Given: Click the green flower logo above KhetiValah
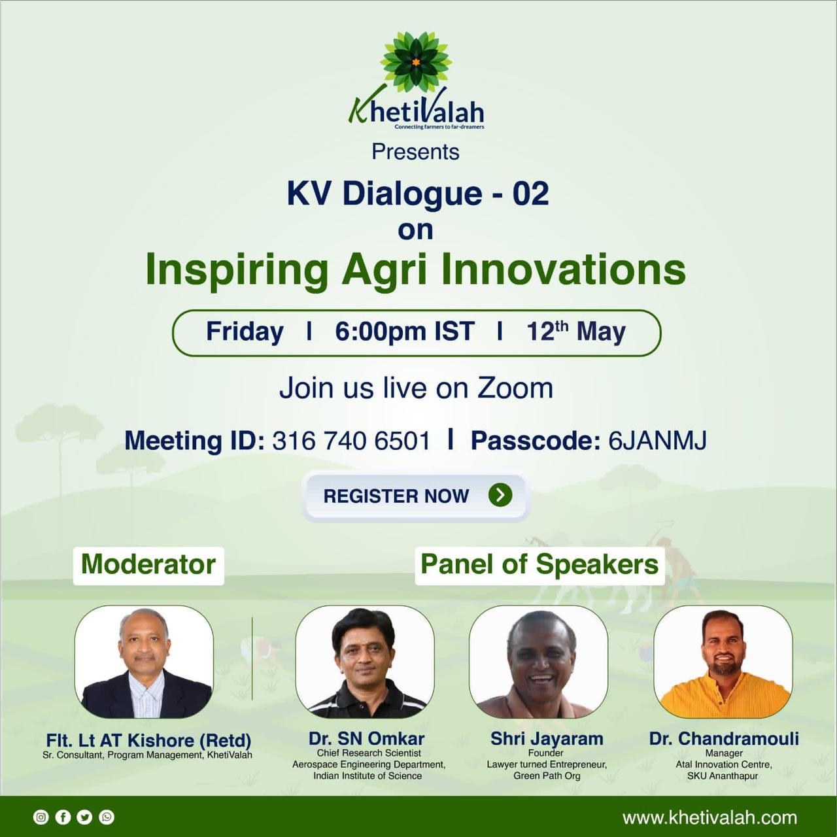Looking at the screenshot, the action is click(x=415, y=63).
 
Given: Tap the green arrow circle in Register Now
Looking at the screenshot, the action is click(x=500, y=495).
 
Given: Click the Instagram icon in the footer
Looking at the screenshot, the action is click(x=41, y=817).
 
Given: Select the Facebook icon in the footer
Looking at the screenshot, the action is click(x=63, y=817).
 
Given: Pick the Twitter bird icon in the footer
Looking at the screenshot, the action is click(x=85, y=817).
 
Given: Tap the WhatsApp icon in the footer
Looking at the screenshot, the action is click(x=107, y=817).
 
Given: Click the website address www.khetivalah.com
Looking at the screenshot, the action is click(x=709, y=818).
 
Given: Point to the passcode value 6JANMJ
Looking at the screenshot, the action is click(x=657, y=441).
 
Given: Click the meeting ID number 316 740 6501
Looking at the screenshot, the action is click(x=351, y=441).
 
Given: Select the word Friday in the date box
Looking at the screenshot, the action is click(x=245, y=332).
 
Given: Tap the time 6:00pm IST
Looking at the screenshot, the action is click(x=404, y=332).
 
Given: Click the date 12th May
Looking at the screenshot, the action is click(x=576, y=332).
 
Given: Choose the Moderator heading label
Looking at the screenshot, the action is click(x=148, y=565).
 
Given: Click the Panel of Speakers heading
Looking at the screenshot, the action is click(x=539, y=565).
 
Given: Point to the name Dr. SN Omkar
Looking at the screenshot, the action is click(x=367, y=738).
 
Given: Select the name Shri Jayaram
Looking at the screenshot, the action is click(x=547, y=738).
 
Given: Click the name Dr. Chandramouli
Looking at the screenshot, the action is click(x=724, y=738).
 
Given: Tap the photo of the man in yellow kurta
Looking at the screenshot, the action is click(x=723, y=661).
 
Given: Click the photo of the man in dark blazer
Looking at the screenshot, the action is click(x=144, y=661).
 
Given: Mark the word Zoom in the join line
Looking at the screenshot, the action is click(x=515, y=388).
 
